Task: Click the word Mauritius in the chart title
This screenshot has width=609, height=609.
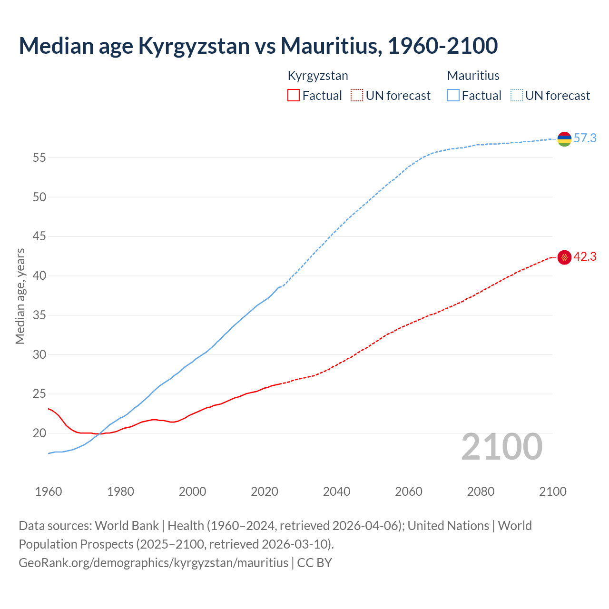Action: click(330, 46)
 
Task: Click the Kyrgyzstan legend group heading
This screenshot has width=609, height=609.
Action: click(318, 76)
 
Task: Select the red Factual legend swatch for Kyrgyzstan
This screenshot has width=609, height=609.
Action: click(294, 96)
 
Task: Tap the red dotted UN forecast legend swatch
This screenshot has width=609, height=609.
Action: click(357, 96)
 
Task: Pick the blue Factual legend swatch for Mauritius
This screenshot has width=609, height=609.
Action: click(453, 96)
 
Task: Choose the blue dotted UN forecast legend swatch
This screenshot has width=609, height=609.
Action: click(517, 96)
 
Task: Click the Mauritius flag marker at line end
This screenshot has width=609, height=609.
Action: click(564, 139)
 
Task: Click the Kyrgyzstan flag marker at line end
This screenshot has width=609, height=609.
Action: click(564, 257)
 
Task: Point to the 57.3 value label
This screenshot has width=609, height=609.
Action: click(585, 138)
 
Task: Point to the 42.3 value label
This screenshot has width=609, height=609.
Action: click(585, 257)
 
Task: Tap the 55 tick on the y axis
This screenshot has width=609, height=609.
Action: click(39, 157)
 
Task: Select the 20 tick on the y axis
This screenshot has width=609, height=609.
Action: click(39, 433)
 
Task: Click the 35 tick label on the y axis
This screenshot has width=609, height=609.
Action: click(39, 315)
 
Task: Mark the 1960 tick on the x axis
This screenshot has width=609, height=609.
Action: click(49, 491)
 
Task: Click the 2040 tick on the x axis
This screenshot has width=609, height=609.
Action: click(336, 491)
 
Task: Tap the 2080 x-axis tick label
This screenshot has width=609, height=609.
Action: click(481, 491)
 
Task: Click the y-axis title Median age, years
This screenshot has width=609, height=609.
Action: click(20, 296)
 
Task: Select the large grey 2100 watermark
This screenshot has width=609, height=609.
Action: click(501, 447)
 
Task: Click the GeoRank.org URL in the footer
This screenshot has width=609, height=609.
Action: click(153, 563)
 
